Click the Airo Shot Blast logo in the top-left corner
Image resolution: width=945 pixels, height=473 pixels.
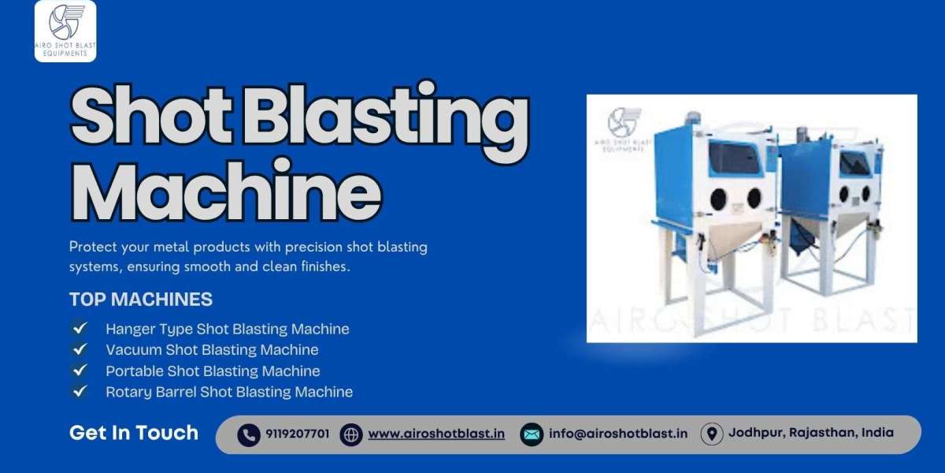(x=65, y=31)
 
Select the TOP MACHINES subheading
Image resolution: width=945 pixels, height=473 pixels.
(x=141, y=300)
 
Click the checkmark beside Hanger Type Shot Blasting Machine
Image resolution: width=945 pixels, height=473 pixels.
(x=80, y=328)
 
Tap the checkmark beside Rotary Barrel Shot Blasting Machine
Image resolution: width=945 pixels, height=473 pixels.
(x=80, y=391)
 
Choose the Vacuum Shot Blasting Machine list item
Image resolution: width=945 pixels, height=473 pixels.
(x=212, y=349)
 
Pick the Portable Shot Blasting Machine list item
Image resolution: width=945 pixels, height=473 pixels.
(x=213, y=371)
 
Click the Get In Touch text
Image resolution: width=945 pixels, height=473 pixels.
(x=134, y=433)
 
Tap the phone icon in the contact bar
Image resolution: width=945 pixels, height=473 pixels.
(x=249, y=434)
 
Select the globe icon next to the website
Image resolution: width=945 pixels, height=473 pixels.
(x=351, y=434)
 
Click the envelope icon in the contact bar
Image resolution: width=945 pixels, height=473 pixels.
(x=532, y=434)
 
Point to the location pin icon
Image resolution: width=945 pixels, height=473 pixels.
(x=712, y=434)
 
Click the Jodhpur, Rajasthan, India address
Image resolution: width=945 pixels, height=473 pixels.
(x=811, y=433)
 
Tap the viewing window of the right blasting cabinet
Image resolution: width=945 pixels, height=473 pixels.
(x=854, y=163)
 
